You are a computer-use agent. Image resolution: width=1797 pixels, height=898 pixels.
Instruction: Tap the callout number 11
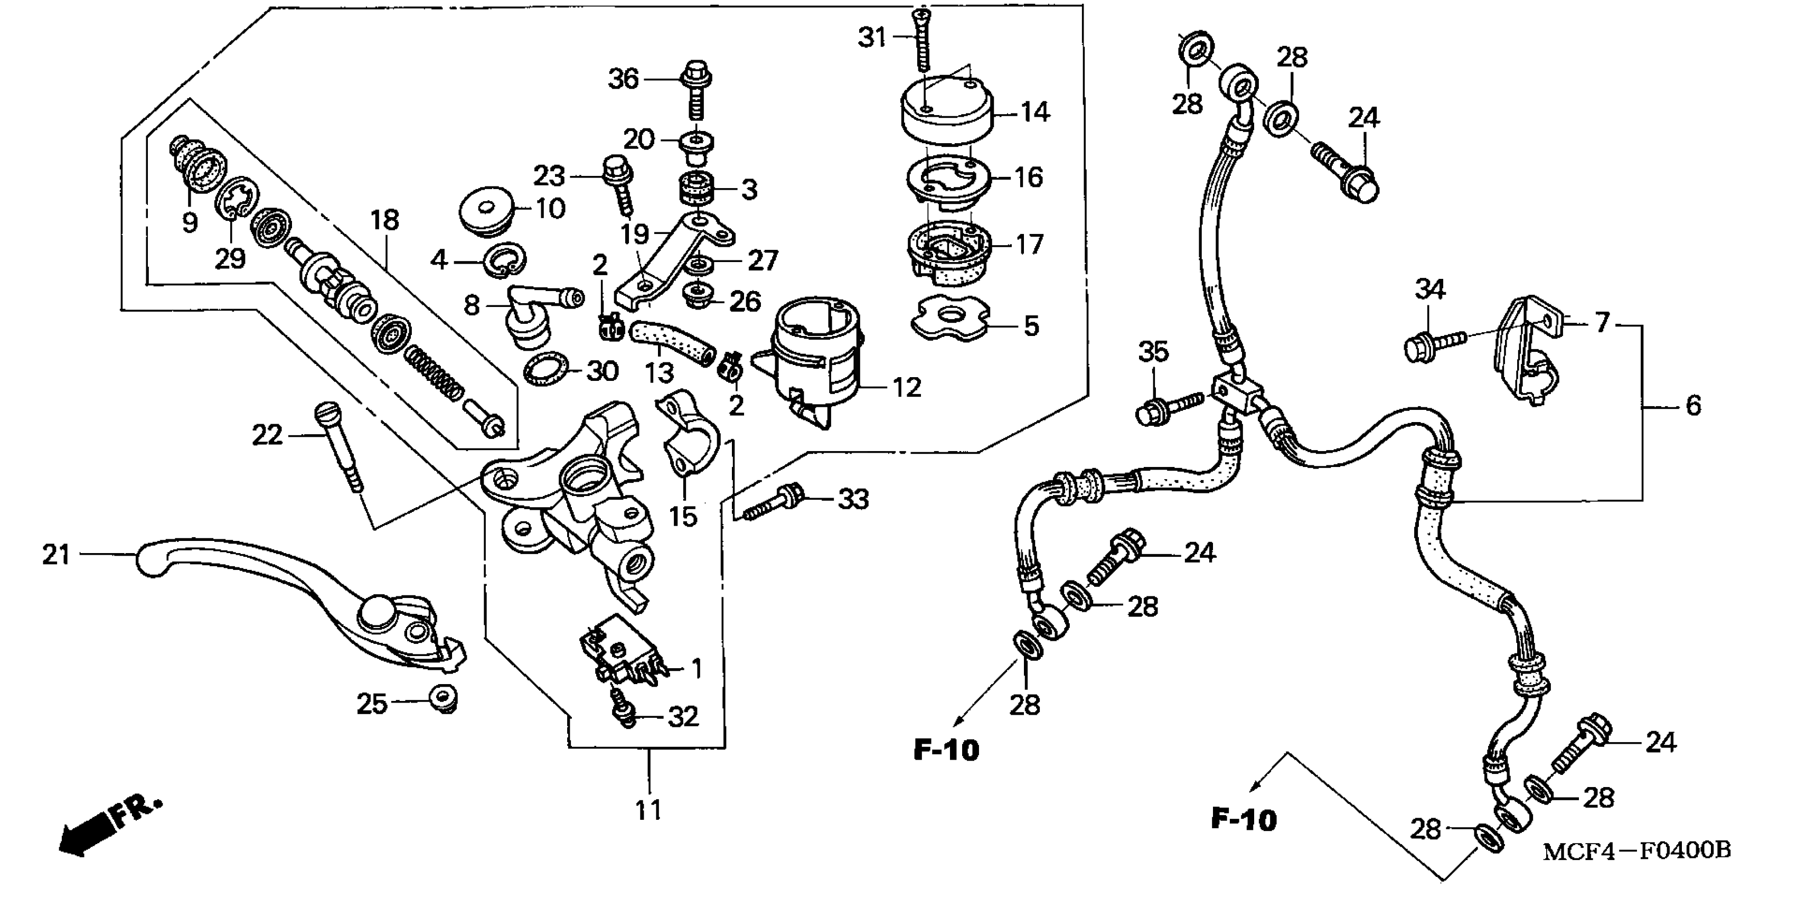648,811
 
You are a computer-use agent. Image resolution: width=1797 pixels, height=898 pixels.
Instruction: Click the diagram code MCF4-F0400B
1636,851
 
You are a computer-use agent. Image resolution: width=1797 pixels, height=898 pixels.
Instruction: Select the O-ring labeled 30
545,370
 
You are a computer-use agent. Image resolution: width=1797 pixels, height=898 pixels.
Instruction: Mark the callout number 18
384,220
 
